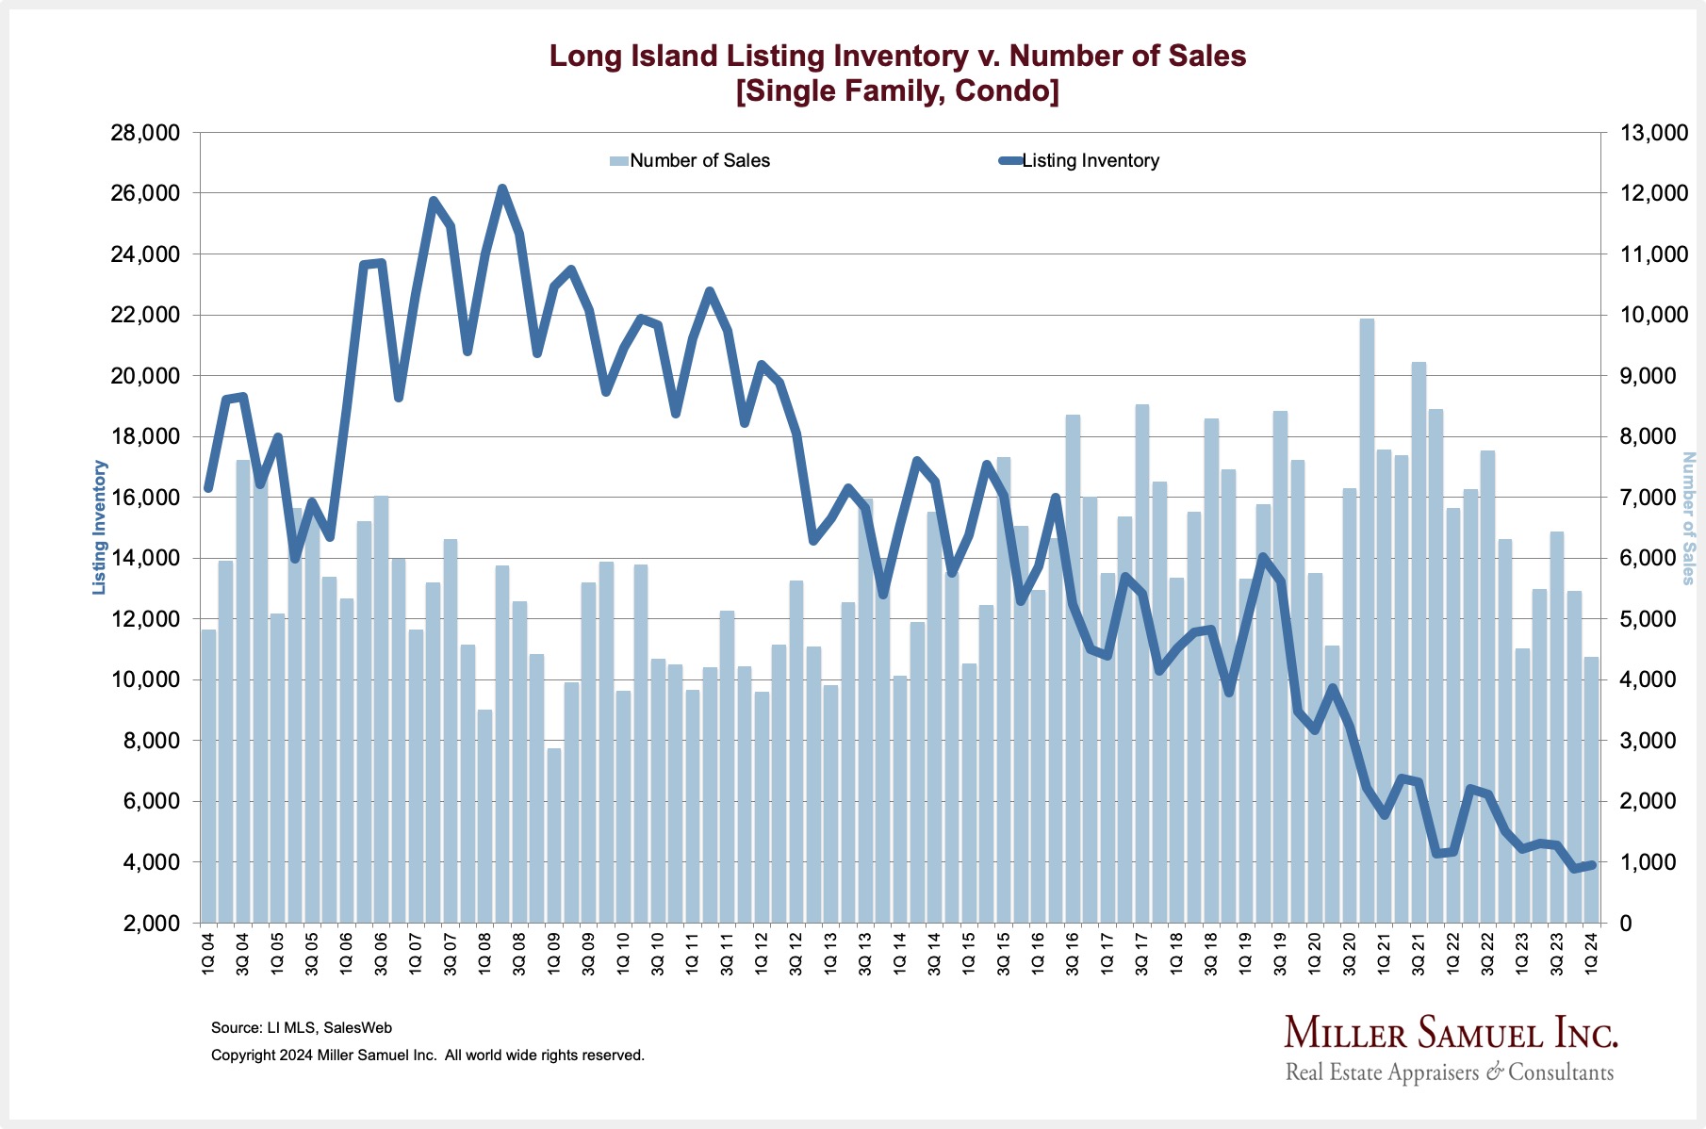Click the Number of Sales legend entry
699,161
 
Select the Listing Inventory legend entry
1090,161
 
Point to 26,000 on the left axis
145,193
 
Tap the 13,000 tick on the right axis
1654,133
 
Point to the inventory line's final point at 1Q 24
1591,864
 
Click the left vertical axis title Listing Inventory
99,528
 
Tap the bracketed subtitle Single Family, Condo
897,91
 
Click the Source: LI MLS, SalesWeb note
302,1027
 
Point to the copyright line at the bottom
428,1055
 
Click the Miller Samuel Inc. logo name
1451,1033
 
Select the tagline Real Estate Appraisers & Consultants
1450,1072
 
